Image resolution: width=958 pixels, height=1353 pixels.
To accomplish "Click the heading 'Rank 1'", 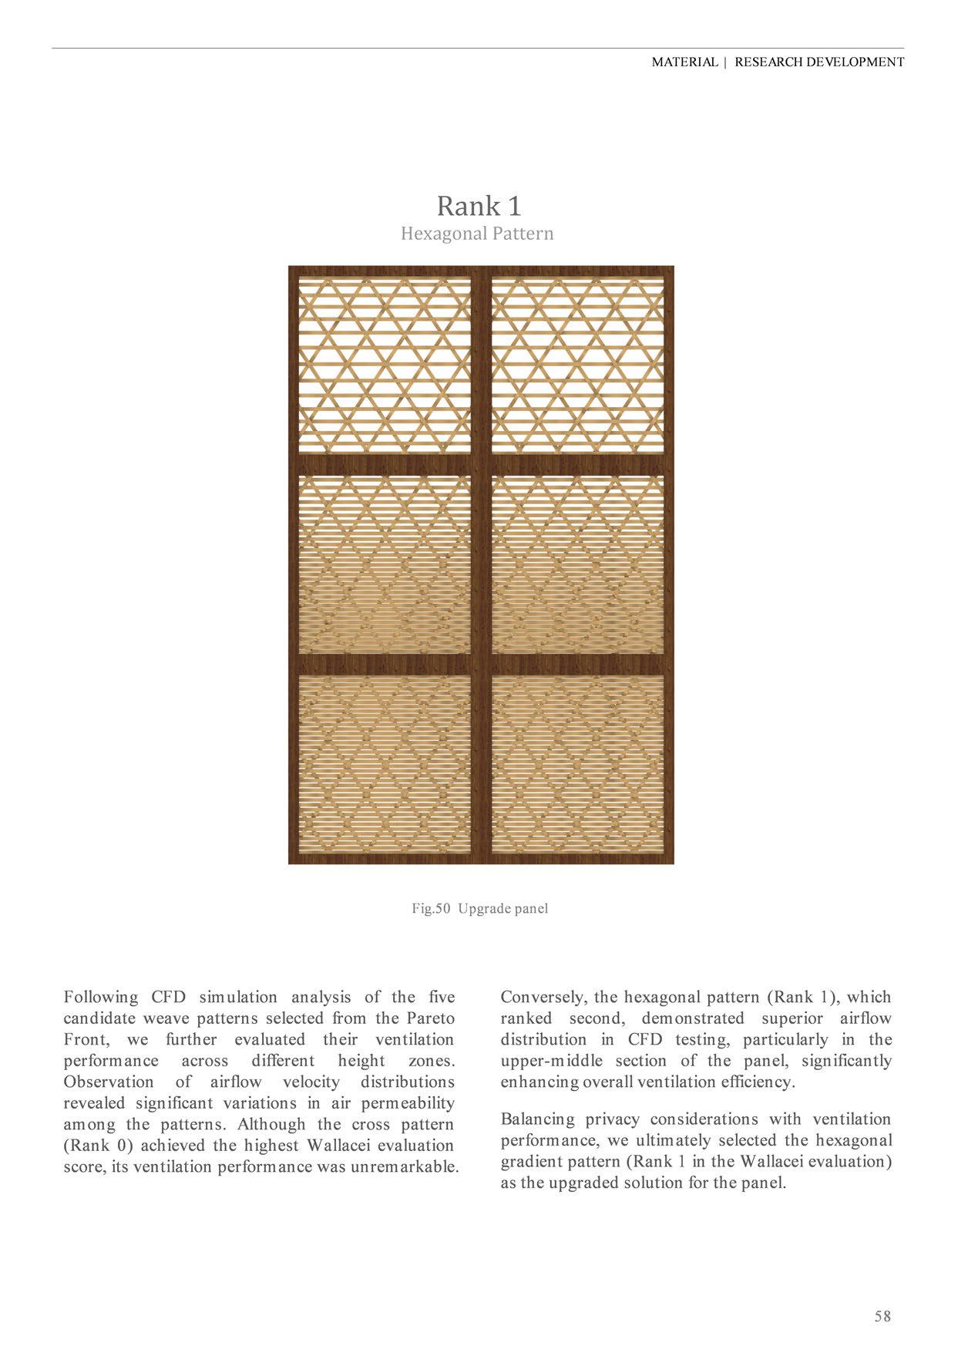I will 479,206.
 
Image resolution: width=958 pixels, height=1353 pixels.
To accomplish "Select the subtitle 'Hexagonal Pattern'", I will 477,233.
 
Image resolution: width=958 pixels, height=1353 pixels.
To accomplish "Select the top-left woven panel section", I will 385,365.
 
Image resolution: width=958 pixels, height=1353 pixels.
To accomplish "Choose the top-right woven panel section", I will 576,365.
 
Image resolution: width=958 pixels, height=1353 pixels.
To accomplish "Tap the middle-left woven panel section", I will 385,565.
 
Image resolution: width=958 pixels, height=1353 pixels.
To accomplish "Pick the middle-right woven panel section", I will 576,565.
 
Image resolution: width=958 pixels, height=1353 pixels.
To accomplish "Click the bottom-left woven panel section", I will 385,763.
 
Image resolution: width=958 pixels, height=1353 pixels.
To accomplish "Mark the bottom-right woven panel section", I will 576,763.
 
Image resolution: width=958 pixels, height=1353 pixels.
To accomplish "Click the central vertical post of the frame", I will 481,565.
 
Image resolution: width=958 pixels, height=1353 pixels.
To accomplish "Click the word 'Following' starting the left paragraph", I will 101,997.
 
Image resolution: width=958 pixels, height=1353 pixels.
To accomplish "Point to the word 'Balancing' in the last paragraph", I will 537,1119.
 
